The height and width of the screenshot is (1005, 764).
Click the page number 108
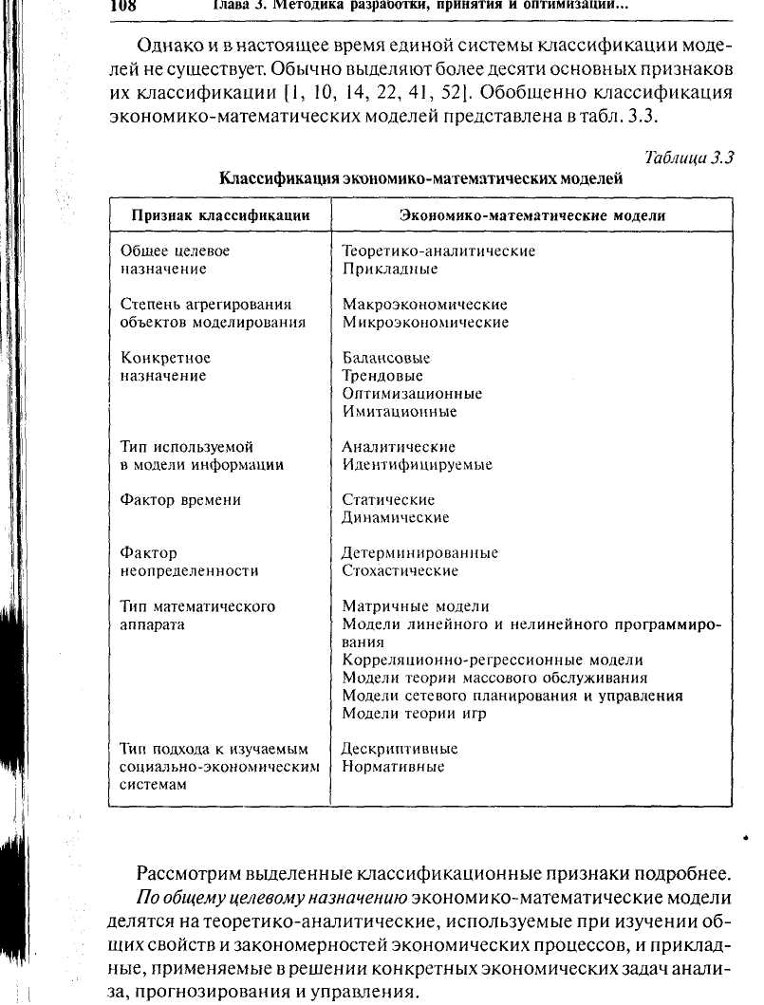pyautogui.click(x=124, y=6)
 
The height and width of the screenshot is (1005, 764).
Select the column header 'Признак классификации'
pyautogui.click(x=221, y=215)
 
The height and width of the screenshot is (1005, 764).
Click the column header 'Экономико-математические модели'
pyautogui.click(x=532, y=215)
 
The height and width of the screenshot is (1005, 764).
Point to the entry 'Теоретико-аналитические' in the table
pyautogui.click(x=438, y=251)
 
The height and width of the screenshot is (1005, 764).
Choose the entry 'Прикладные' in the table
pyautogui.click(x=390, y=270)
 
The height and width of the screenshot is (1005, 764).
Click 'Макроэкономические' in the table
pyautogui.click(x=424, y=305)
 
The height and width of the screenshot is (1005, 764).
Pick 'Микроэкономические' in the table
pyautogui.click(x=425, y=323)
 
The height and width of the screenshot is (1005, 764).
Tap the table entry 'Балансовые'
pyautogui.click(x=386, y=358)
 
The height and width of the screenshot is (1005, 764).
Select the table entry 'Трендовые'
pyautogui.click(x=382, y=376)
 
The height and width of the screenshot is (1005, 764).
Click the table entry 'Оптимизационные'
pyautogui.click(x=412, y=394)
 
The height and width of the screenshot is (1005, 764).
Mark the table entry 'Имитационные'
pyautogui.click(x=400, y=412)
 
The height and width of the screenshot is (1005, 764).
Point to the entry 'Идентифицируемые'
pyautogui.click(x=418, y=465)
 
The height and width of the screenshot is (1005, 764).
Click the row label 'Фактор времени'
pyautogui.click(x=181, y=500)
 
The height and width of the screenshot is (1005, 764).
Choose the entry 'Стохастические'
pyautogui.click(x=400, y=571)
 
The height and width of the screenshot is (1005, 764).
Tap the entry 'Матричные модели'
pyautogui.click(x=416, y=606)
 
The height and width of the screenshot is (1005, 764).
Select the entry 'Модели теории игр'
pyautogui.click(x=414, y=714)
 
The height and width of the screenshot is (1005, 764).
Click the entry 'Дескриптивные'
pyautogui.click(x=400, y=749)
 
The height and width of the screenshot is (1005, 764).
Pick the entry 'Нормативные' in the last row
pyautogui.click(x=393, y=767)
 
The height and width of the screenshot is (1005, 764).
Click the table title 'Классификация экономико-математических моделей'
pyautogui.click(x=421, y=177)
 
